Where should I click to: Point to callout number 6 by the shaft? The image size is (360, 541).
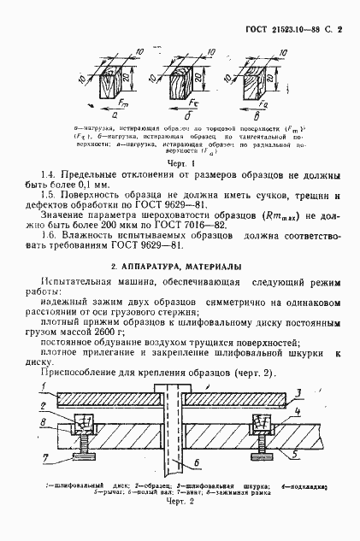pos(197,462)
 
